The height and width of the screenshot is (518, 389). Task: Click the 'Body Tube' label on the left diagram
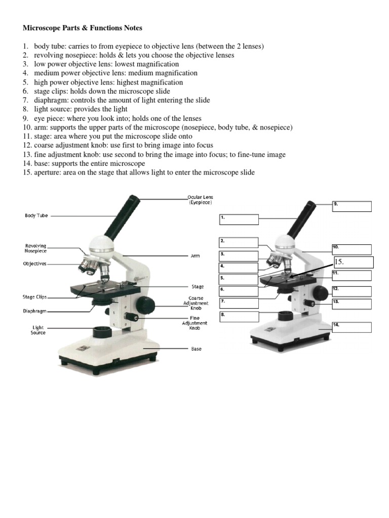point(36,215)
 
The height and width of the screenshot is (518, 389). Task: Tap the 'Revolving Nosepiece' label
point(35,248)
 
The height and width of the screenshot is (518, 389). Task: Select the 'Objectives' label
point(35,264)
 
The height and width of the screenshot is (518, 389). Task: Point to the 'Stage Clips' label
point(35,297)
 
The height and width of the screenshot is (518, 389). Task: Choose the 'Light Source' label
point(38,330)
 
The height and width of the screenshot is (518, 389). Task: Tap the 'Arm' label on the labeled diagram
point(195,256)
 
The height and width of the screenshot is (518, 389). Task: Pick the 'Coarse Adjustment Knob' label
point(196,303)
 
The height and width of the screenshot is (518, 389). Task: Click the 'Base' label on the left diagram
point(196,349)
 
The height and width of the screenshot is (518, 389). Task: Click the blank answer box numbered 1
point(239,220)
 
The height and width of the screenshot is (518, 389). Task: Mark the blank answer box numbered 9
point(352,206)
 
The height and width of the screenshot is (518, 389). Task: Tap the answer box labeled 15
point(353,262)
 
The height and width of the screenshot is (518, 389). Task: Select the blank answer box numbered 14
point(352,327)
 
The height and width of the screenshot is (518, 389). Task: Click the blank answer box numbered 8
point(239,317)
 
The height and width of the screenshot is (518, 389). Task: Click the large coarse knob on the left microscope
point(147,305)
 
